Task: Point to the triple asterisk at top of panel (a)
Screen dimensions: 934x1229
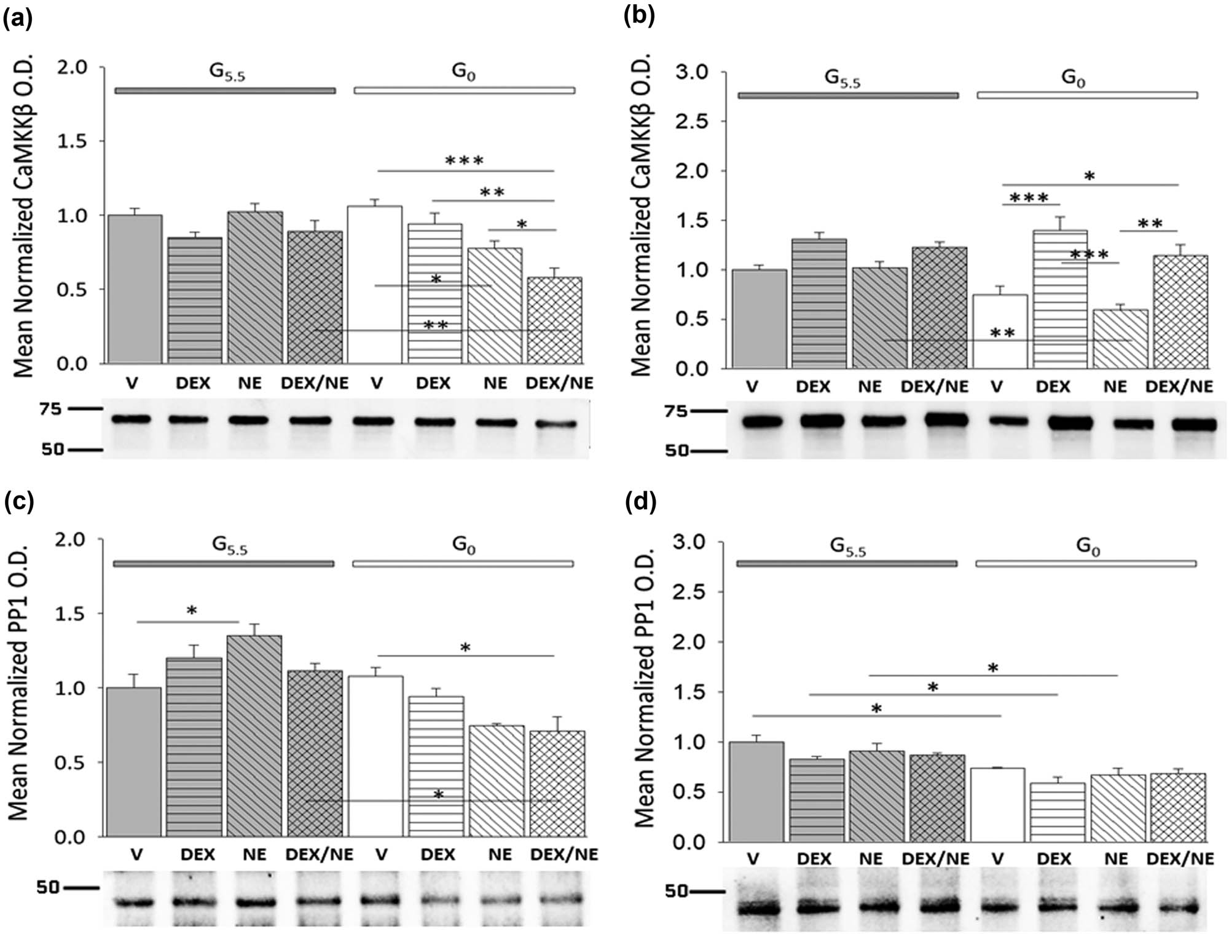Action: click(465, 161)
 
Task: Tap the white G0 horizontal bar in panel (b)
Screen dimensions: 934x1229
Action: click(1087, 95)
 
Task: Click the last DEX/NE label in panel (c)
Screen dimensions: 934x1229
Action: click(563, 855)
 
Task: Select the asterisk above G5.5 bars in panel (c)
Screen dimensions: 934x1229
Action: click(192, 611)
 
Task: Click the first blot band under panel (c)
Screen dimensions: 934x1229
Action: click(135, 903)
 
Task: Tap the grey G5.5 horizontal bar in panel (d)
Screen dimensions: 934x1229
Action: click(847, 563)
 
